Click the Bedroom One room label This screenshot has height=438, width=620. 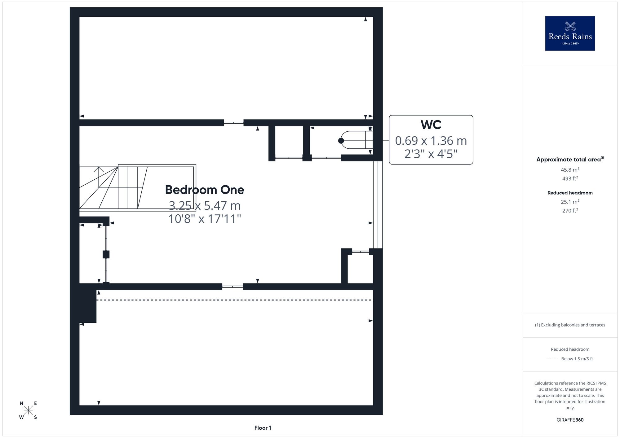click(x=205, y=190)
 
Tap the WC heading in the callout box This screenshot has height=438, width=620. click(x=431, y=125)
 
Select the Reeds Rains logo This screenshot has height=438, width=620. click(x=570, y=33)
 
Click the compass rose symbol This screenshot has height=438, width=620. click(x=28, y=410)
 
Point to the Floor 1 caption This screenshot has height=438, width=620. click(x=263, y=428)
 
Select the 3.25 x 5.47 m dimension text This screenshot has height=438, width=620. click(x=205, y=205)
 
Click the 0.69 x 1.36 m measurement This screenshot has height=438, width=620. click(x=431, y=141)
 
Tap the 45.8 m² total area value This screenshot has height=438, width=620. click(x=570, y=170)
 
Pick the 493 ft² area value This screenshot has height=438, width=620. click(x=570, y=178)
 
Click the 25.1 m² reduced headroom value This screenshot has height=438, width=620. click(x=570, y=202)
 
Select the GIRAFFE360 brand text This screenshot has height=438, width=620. click(x=570, y=420)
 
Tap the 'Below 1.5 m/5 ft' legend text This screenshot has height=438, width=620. click(x=577, y=359)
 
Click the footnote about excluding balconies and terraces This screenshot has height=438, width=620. click(x=570, y=325)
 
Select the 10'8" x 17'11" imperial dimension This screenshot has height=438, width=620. click(x=205, y=219)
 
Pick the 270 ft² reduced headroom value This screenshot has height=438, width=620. click(x=570, y=211)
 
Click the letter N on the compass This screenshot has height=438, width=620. click(x=21, y=403)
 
